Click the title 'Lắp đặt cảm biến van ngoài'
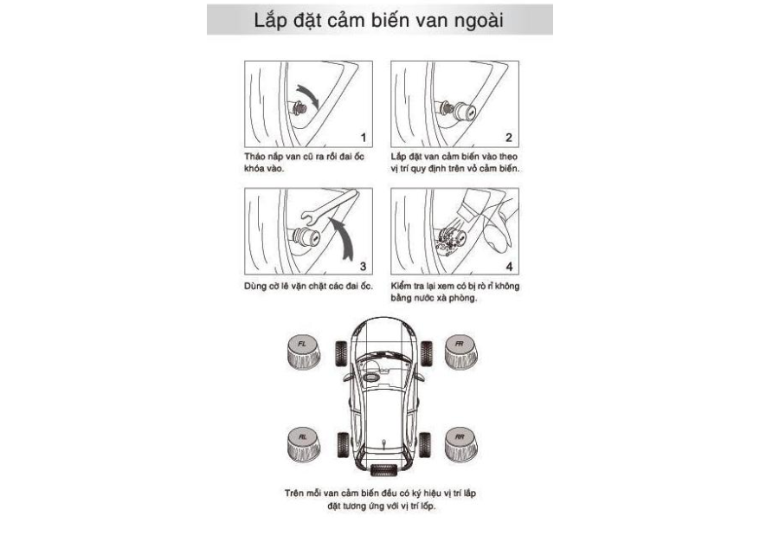click(x=378, y=21)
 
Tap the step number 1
click(x=364, y=138)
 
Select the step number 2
click(x=509, y=138)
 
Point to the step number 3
click(x=364, y=266)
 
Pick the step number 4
click(x=509, y=266)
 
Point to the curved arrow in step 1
click(x=306, y=95)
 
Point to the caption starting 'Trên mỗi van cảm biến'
click(x=381, y=499)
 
